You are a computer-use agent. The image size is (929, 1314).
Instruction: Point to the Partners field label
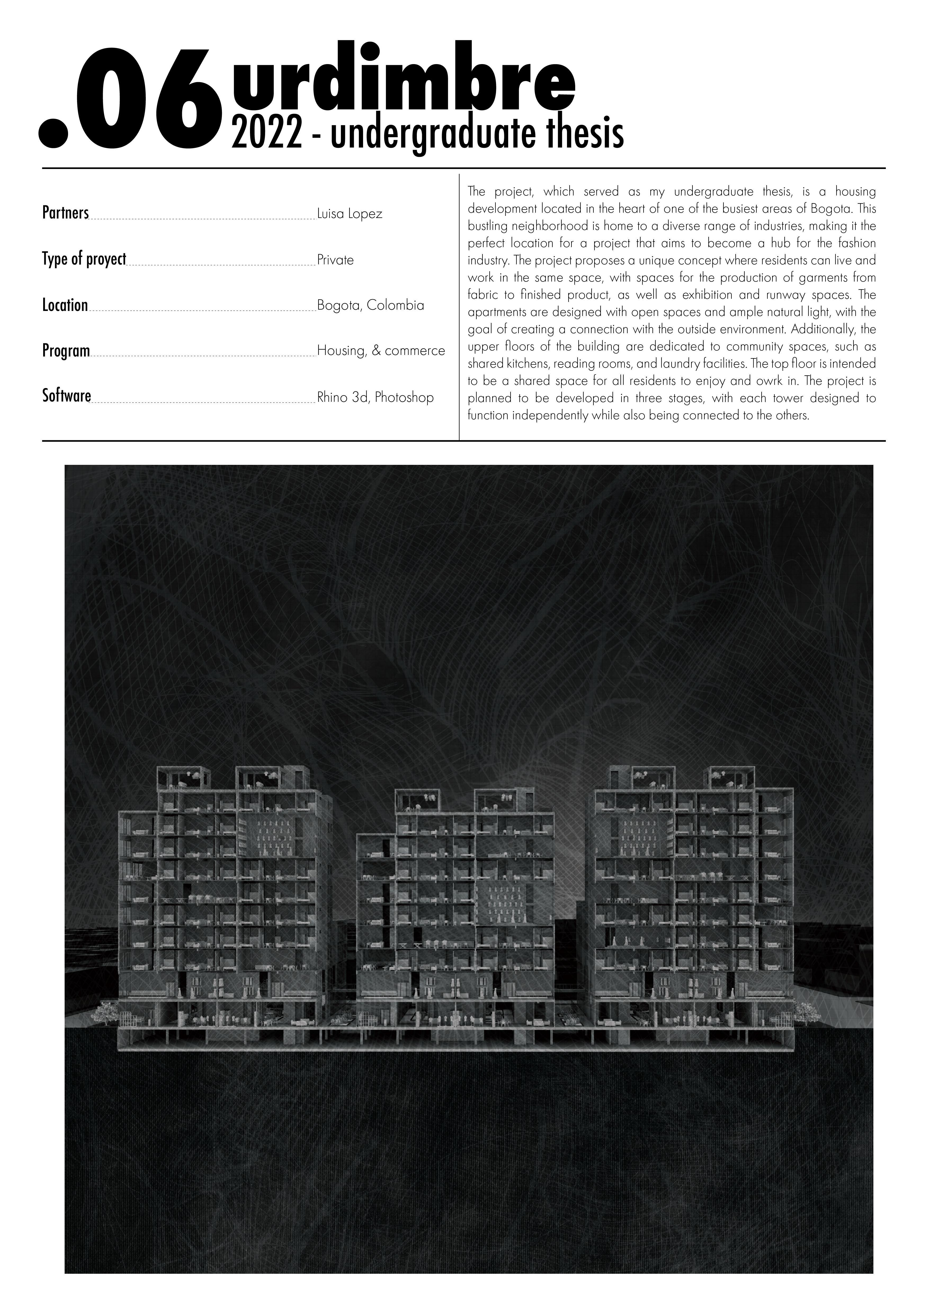coord(65,213)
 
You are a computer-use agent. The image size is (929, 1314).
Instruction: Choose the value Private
coord(335,260)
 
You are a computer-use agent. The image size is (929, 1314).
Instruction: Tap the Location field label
coord(65,305)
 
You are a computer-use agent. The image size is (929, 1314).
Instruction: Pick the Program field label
coord(66,351)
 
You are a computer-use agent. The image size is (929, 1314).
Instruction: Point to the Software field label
coord(66,396)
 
